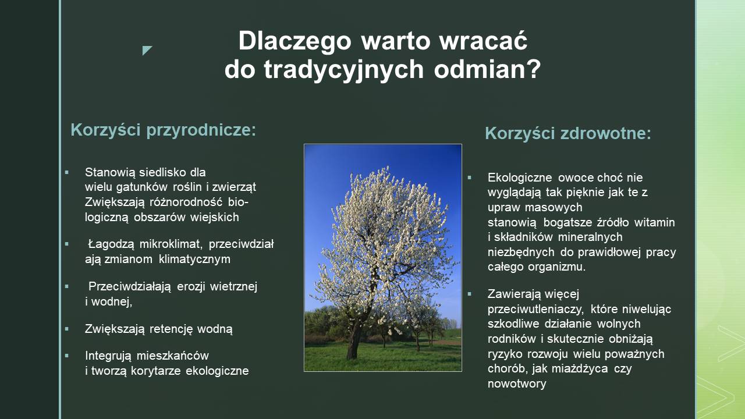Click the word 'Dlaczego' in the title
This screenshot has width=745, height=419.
[x=295, y=41]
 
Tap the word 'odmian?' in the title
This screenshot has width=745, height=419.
[x=487, y=69]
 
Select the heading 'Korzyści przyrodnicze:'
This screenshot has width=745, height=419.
[x=164, y=130]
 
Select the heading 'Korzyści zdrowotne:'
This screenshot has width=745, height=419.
[x=567, y=133]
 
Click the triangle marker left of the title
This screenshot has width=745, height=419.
[x=146, y=50]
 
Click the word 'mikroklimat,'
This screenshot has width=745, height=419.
[x=171, y=244]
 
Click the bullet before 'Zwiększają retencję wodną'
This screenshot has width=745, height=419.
[x=67, y=329]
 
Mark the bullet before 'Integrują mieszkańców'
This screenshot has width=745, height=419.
[x=67, y=356]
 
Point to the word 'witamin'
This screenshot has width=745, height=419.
[x=655, y=222]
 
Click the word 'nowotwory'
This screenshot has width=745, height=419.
[x=517, y=384]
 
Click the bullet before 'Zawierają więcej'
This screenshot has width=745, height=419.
[x=470, y=294]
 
